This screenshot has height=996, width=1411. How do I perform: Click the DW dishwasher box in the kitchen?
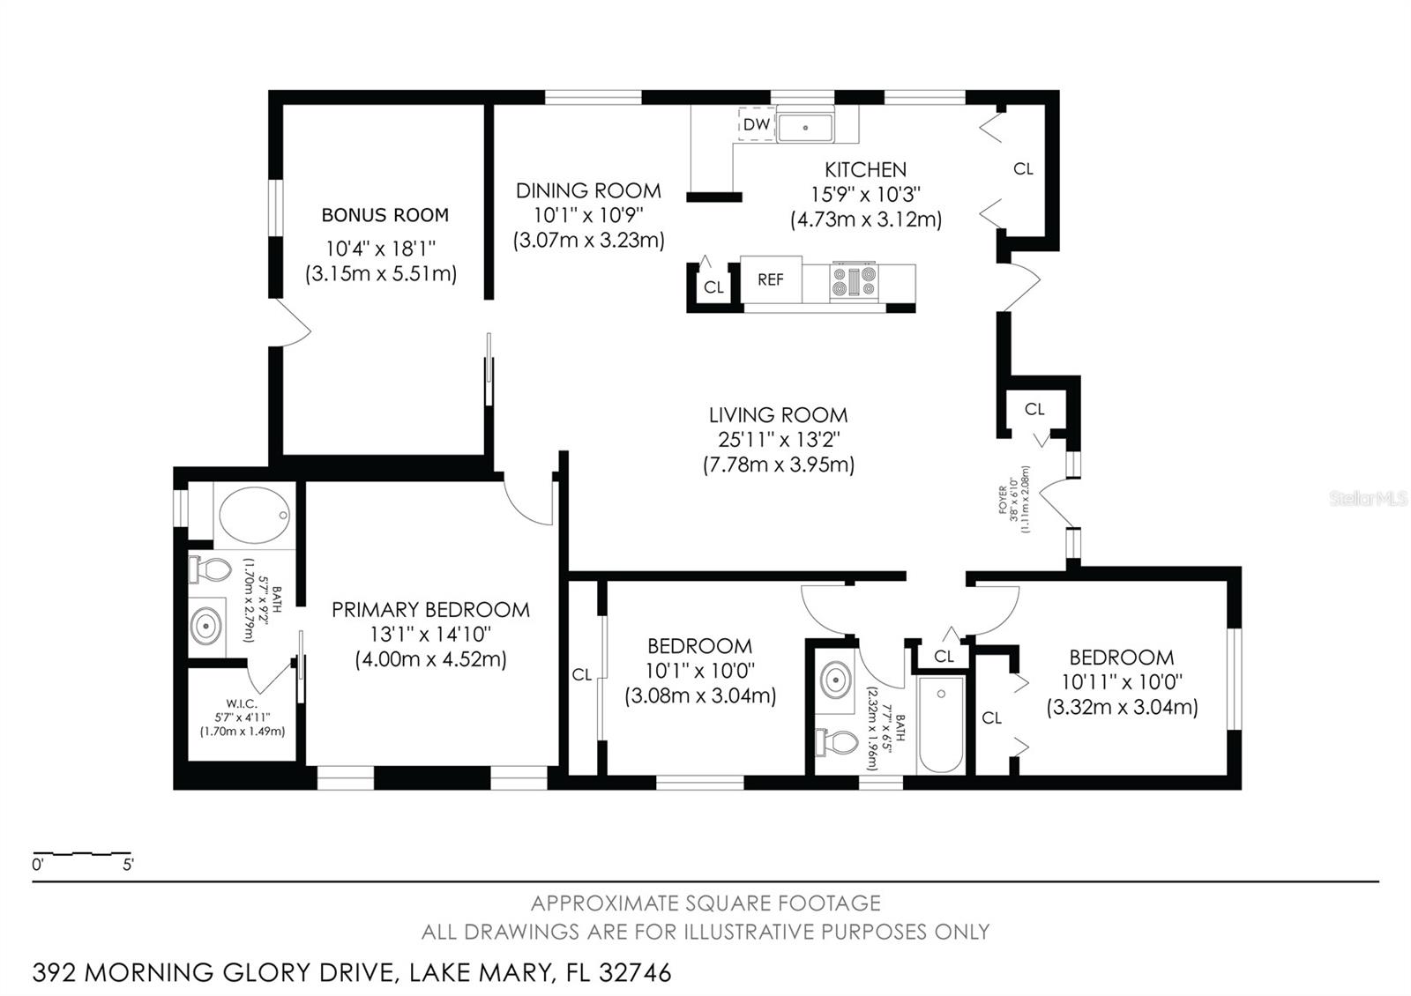click(x=756, y=124)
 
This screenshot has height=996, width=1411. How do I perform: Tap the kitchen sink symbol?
click(x=805, y=126)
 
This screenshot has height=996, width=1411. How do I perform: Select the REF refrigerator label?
click(x=770, y=279)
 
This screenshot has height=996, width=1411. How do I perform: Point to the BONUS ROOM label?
click(x=384, y=215)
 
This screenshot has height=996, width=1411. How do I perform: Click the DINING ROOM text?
click(x=588, y=190)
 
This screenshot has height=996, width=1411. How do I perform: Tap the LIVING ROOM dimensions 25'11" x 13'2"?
click(x=778, y=439)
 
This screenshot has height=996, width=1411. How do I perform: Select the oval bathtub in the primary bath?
click(x=254, y=515)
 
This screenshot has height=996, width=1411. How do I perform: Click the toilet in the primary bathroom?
click(x=208, y=569)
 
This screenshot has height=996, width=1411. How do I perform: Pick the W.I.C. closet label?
click(x=242, y=703)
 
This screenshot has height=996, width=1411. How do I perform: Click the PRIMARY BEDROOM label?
click(x=430, y=610)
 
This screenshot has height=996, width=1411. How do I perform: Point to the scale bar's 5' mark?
click(x=129, y=866)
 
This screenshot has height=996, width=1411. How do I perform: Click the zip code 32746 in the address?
click(x=635, y=973)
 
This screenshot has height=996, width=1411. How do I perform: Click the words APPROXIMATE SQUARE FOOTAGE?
click(x=705, y=903)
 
